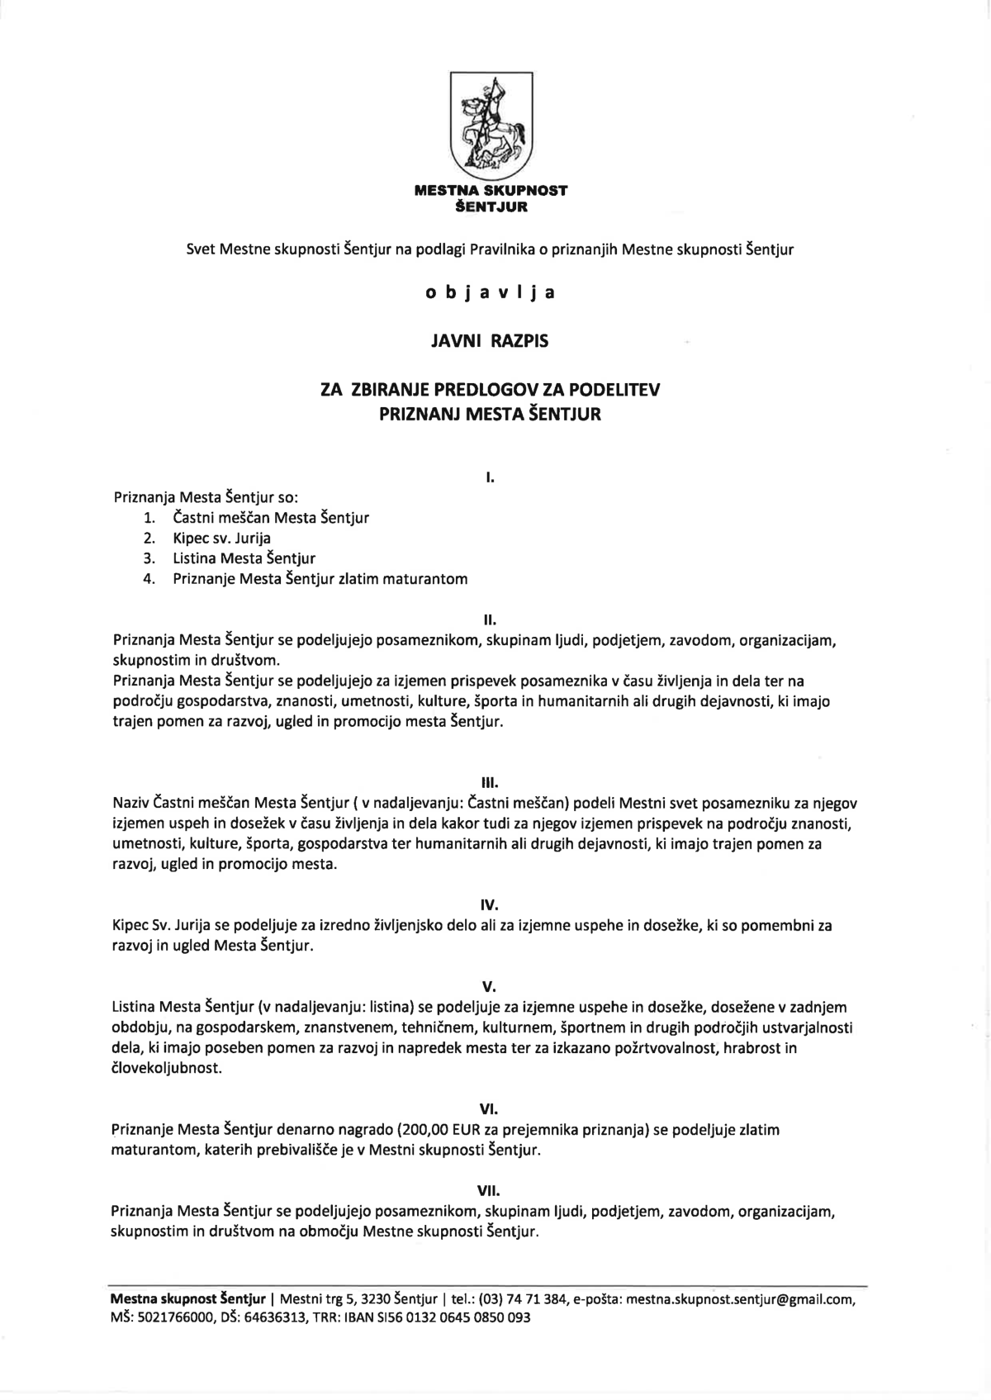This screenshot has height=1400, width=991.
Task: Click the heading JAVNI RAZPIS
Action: pos(490,340)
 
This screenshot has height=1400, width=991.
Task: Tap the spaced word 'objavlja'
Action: pos(490,292)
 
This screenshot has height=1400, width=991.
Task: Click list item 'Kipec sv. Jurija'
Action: pos(221,539)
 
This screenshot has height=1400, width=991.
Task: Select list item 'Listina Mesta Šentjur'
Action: pos(244,558)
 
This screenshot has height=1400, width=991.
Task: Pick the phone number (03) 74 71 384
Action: pos(524,1299)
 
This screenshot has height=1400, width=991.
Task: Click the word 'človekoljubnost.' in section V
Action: pos(168,1068)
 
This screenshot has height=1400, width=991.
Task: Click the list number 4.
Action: pos(149,579)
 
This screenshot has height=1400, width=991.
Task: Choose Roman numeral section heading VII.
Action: pos(490,1191)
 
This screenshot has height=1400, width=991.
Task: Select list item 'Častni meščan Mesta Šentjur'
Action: pos(271,519)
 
